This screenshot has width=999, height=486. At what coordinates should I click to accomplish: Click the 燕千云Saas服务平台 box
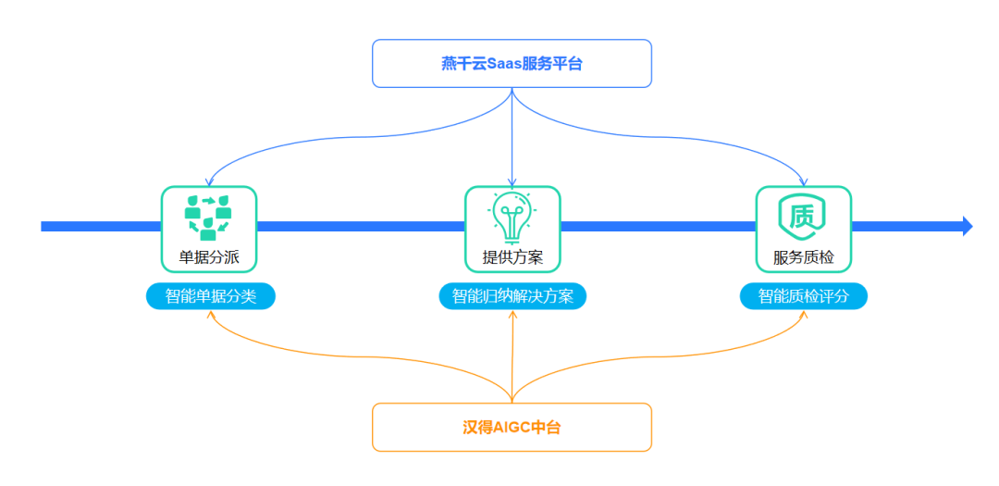pyautogui.click(x=512, y=63)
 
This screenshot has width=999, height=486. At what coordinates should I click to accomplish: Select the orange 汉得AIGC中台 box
pyautogui.click(x=512, y=427)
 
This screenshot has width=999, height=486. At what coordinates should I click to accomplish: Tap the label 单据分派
pyautogui.click(x=209, y=257)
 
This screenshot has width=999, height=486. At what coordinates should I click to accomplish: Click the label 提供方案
pyautogui.click(x=512, y=257)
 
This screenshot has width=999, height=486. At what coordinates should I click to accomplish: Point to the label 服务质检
pyautogui.click(x=803, y=257)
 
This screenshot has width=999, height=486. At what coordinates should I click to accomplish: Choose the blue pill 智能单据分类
pyautogui.click(x=211, y=296)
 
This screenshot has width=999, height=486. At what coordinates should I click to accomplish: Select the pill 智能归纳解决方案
pyautogui.click(x=512, y=296)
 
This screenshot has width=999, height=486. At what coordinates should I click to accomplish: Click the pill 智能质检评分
pyautogui.click(x=803, y=296)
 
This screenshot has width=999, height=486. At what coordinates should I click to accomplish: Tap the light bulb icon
pyautogui.click(x=512, y=217)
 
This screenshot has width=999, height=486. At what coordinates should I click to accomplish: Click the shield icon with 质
pyautogui.click(x=803, y=217)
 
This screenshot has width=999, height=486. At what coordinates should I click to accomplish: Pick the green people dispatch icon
pyautogui.click(x=208, y=217)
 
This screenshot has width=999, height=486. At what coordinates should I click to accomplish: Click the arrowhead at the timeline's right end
pyautogui.click(x=967, y=226)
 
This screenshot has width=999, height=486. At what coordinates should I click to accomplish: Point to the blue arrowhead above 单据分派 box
pyautogui.click(x=209, y=181)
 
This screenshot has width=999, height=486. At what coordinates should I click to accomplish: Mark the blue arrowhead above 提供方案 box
pyautogui.click(x=512, y=181)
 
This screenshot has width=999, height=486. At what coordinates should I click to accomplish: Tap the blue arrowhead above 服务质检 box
pyautogui.click(x=803, y=181)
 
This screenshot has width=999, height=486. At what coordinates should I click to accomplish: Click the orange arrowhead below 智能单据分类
pyautogui.click(x=211, y=315)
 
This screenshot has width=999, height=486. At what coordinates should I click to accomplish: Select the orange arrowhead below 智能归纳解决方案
pyautogui.click(x=512, y=315)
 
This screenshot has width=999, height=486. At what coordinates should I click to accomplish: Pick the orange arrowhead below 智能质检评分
pyautogui.click(x=803, y=315)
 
